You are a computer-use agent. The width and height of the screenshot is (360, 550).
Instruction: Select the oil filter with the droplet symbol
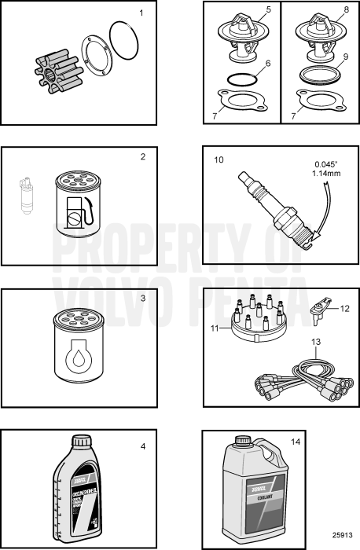pyautogui.click(x=74, y=349)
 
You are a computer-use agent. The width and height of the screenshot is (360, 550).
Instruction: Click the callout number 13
pyautogui.click(x=315, y=342)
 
